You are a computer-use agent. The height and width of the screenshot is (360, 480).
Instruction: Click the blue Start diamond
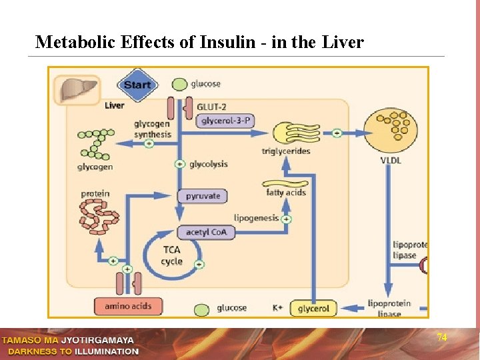click(137, 85)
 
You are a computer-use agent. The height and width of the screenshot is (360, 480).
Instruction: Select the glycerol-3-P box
click(225, 121)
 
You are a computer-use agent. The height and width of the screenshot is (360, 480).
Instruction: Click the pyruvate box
click(203, 196)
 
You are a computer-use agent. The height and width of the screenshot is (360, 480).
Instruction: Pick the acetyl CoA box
click(205, 232)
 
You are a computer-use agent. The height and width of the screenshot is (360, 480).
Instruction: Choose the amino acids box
click(128, 307)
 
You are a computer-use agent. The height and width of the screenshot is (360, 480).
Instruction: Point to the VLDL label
click(390, 161)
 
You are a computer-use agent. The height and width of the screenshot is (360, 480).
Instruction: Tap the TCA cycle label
click(171, 255)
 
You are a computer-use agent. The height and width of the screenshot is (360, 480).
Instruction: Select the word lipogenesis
click(256, 218)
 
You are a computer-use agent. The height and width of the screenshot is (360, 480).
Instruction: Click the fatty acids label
click(286, 193)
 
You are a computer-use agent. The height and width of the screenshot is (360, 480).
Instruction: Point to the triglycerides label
click(286, 151)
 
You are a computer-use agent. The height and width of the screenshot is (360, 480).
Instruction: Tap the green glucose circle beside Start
click(179, 85)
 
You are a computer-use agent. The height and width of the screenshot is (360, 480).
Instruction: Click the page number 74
click(441, 338)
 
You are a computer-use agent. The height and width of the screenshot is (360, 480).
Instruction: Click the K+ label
click(278, 308)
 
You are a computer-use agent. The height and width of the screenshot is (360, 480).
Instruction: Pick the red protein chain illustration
click(99, 217)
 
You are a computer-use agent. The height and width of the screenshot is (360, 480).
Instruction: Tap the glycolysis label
click(208, 164)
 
